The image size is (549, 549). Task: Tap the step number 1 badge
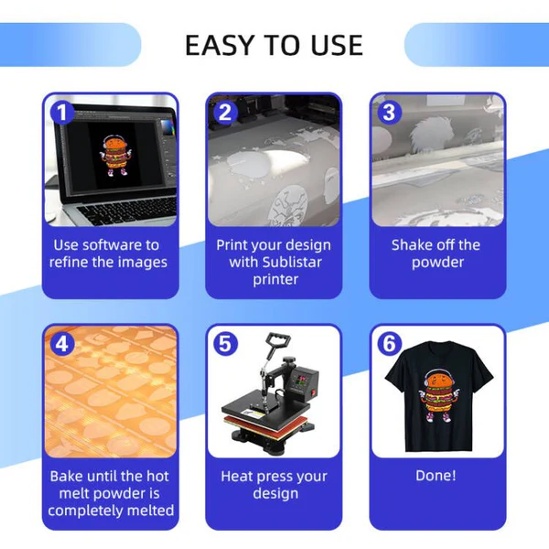tap(61, 113)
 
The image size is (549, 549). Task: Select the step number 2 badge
tap(225, 113)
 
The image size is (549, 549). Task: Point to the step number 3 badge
tap(389, 113)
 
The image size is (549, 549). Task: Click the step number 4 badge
tap(61, 343)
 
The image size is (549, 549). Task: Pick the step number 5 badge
tap(225, 343)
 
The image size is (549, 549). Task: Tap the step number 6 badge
tap(389, 343)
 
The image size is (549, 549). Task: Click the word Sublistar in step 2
tap(292, 263)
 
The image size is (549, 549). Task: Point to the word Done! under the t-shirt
tap(436, 476)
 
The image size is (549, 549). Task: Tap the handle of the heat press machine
tap(278, 339)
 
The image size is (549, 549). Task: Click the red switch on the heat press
tap(313, 393)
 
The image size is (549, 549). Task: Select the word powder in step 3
tap(437, 263)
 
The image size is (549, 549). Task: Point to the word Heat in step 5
tap(235, 476)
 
